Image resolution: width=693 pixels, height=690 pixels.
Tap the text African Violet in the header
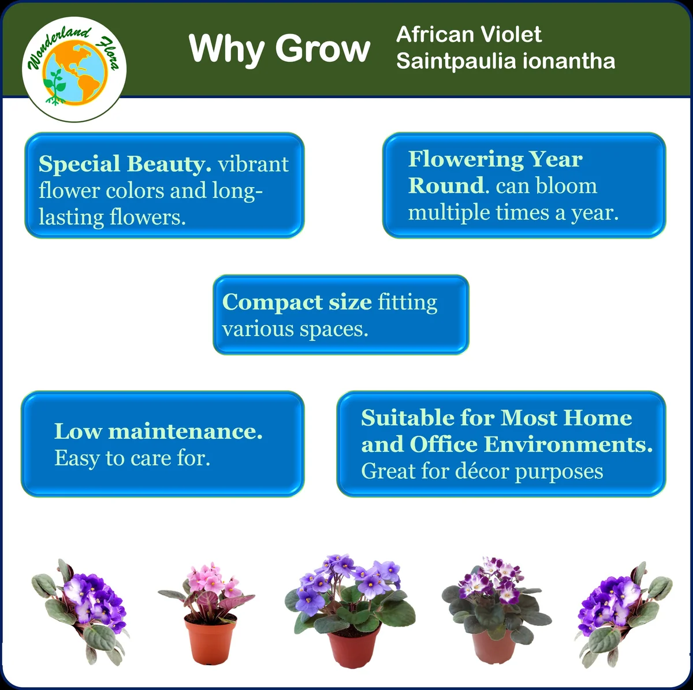click(468, 35)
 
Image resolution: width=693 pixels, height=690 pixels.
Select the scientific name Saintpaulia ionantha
click(505, 61)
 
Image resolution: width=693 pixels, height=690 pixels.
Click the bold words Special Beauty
click(125, 164)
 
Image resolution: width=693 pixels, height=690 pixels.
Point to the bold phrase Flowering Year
click(495, 159)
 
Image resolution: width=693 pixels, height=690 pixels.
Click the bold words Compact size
click(296, 302)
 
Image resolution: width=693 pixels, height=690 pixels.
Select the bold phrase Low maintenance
click(158, 431)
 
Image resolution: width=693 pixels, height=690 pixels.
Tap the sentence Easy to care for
click(132, 458)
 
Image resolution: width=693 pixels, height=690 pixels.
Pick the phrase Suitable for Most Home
click(496, 417)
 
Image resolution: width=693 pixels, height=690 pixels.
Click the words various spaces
click(295, 329)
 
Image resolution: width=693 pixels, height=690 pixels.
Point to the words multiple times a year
click(513, 212)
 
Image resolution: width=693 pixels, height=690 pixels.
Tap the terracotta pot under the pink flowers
click(210, 639)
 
